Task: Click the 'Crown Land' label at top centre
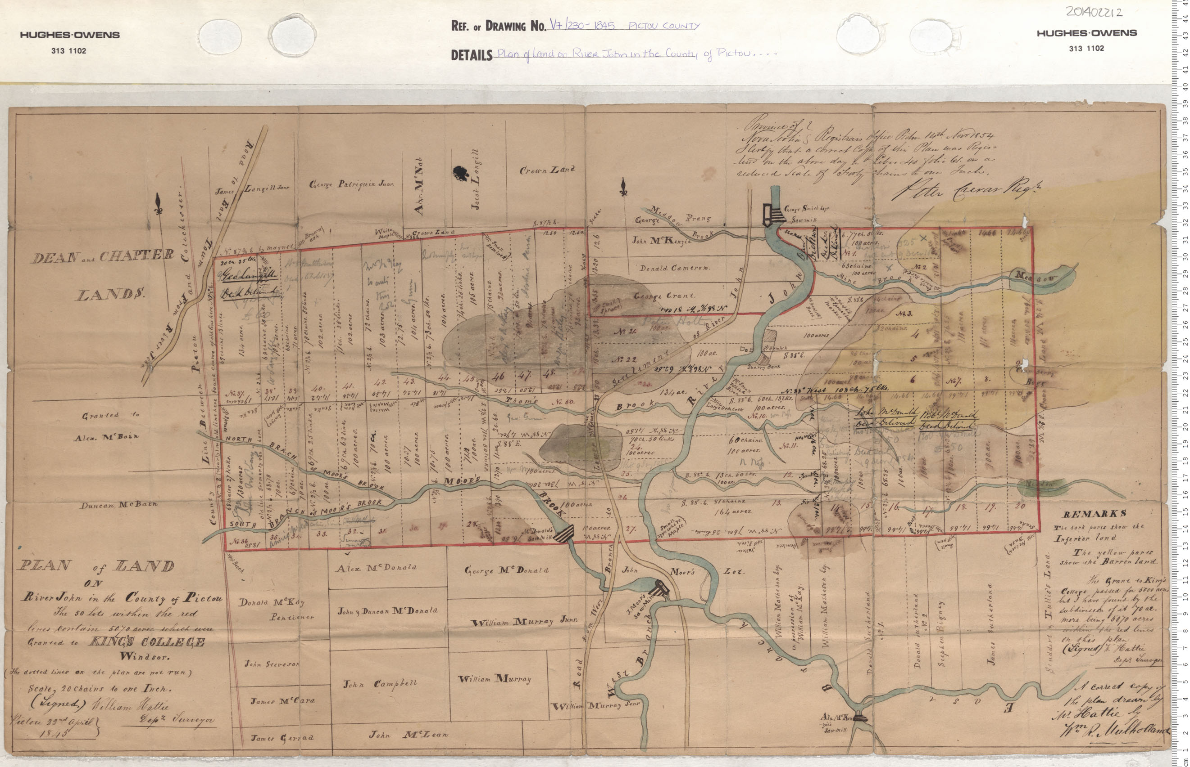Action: [x=547, y=170]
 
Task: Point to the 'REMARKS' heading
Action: [x=1090, y=515]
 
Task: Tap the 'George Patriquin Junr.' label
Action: [x=351, y=184]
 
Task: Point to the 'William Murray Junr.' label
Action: [x=524, y=621]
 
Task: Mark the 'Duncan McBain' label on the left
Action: [x=118, y=505]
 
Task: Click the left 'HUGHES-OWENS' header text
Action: [x=70, y=35]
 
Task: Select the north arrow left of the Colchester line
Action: [x=159, y=204]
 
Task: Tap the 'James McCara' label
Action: [x=282, y=701]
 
